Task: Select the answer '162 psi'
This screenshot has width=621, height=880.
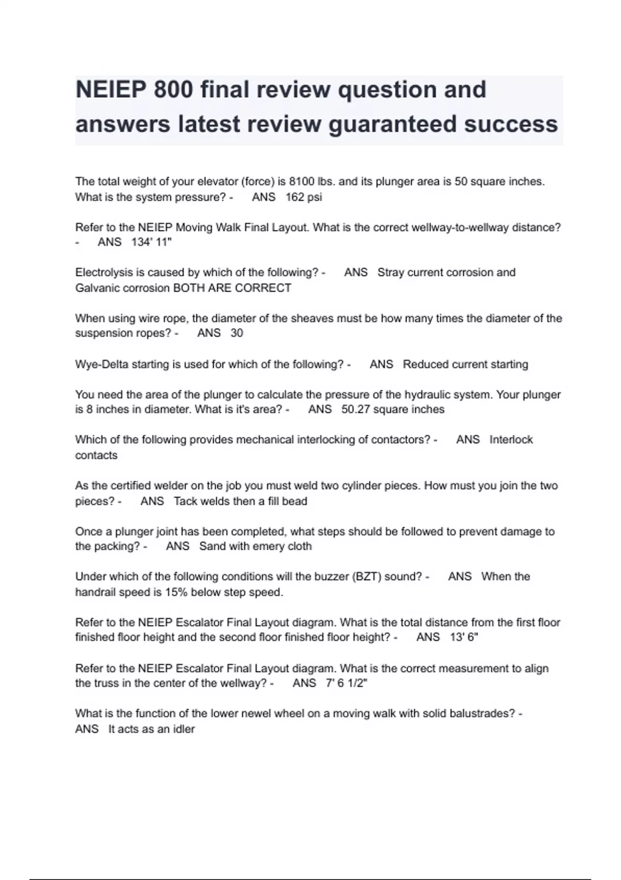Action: coord(304,197)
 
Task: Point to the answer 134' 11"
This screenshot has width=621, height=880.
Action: coord(152,242)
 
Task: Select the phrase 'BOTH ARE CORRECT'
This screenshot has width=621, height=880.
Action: coord(232,288)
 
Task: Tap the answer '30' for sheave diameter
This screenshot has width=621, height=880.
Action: coord(236,333)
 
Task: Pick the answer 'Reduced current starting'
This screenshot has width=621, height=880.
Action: coord(465,364)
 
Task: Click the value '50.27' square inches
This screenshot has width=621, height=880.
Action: coord(356,409)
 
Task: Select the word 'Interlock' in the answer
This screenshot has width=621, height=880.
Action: coord(511,440)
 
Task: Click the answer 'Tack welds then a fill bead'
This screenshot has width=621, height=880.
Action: coord(240,502)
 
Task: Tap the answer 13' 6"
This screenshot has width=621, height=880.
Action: coord(464,637)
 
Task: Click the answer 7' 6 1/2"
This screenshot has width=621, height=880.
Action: coord(346,683)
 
